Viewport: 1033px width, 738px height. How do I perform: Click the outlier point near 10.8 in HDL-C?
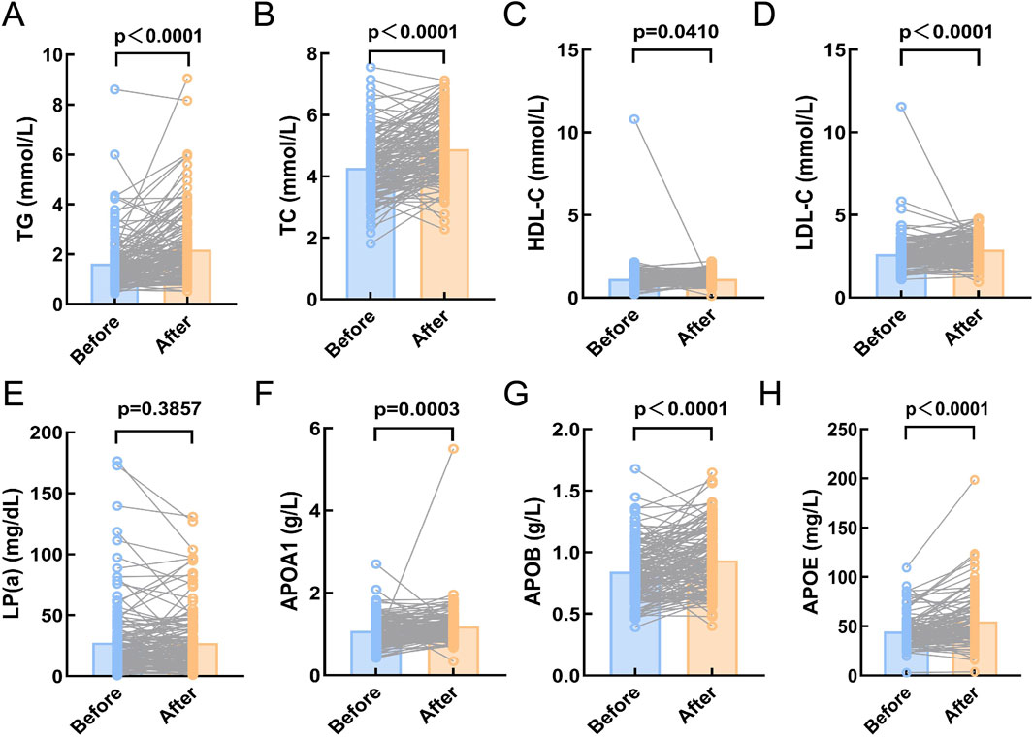coord(632,119)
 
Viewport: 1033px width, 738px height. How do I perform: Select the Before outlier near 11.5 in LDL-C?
coord(901,107)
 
